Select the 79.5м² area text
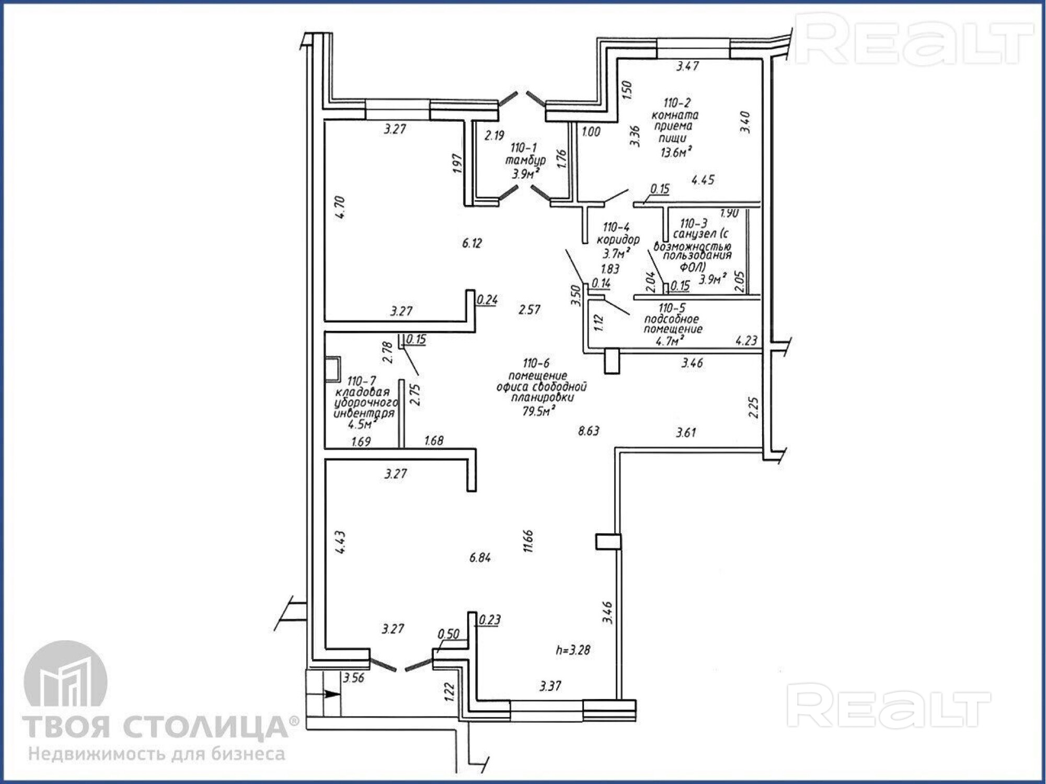538,411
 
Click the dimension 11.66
528,541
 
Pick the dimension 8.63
589,431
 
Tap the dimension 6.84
480,558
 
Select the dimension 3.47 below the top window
688,66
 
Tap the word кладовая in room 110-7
362,393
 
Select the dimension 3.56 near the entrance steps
353,678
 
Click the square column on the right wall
608,541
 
